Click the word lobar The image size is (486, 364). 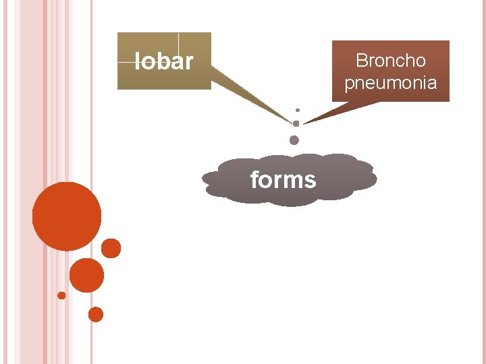tap(164, 62)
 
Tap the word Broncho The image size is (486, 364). tap(390, 61)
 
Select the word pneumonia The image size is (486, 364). tap(390, 83)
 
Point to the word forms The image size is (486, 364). tap(283, 180)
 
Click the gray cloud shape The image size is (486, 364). tap(351, 177)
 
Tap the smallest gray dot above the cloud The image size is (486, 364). tap(298, 110)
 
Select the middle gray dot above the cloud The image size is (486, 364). tap(296, 123)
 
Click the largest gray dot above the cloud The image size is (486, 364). tap(294, 140)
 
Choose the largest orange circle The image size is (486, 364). tap(67, 216)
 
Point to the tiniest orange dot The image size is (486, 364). tap(61, 295)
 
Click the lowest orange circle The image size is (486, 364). tap(96, 314)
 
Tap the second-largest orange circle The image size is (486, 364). tap(86, 275)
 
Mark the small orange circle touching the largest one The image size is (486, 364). tap(111, 249)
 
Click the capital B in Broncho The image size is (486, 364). tap(360, 61)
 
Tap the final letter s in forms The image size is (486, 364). tap(310, 181)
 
